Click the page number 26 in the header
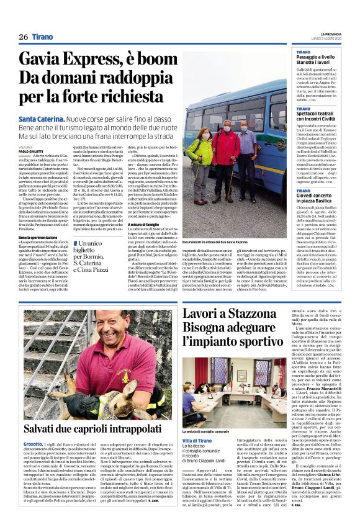pyautogui.click(x=24, y=37)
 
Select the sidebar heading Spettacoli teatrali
pyautogui.click(x=319, y=114)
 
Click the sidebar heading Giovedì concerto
pyautogui.click(x=318, y=197)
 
